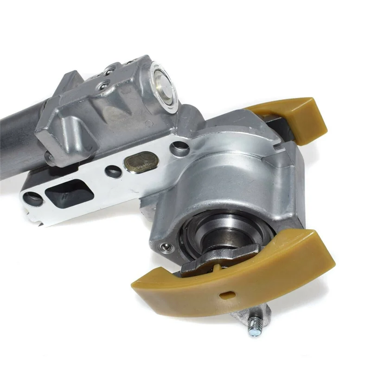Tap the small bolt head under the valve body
49,158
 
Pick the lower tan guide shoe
237,278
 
